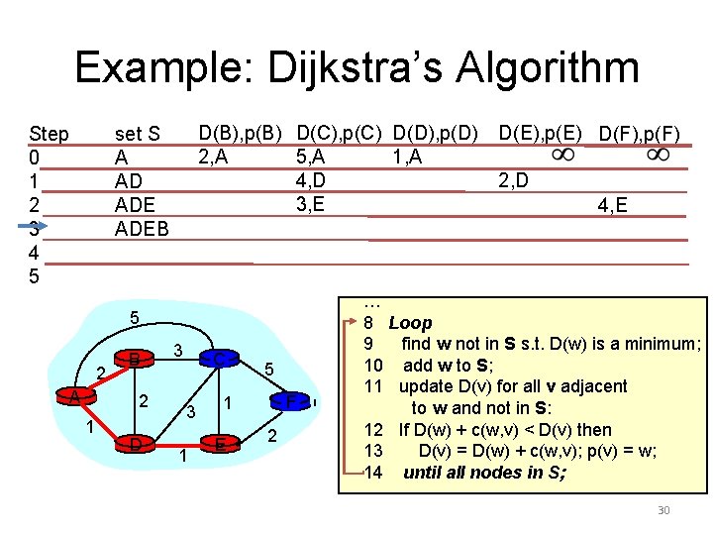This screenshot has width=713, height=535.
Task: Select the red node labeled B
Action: coord(132,358)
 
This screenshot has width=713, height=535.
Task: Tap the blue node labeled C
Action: coord(219,358)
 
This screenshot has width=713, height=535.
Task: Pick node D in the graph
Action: coord(133,443)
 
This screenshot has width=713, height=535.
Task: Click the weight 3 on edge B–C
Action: coord(176,351)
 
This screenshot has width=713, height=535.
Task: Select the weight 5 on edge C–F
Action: coord(269,370)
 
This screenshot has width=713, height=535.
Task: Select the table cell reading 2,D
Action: coord(513,180)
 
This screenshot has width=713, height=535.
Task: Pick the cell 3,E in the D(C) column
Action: coord(311,205)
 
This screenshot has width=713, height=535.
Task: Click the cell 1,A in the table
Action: coord(406,156)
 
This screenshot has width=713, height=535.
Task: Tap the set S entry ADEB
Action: coord(142,229)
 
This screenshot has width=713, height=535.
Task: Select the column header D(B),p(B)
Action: coord(241,131)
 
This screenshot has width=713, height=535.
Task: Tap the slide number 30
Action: coord(662,510)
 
